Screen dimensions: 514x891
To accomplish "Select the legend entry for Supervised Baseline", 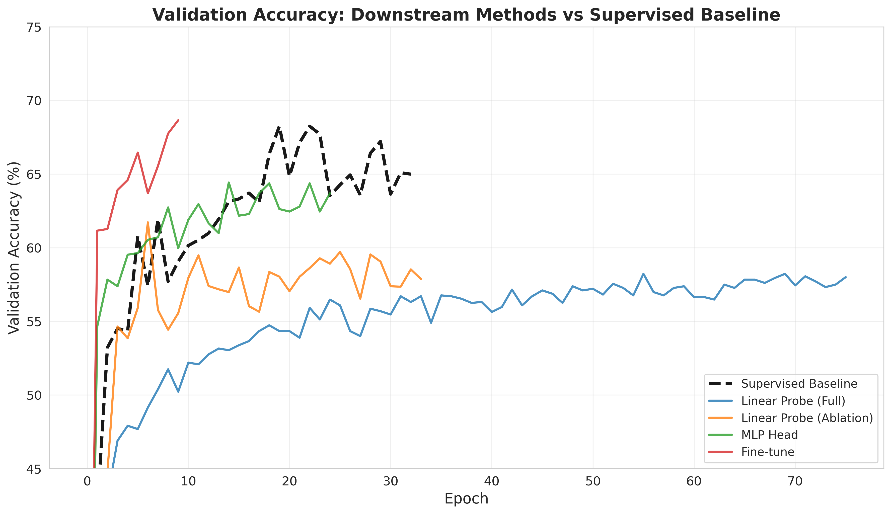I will coord(799,383).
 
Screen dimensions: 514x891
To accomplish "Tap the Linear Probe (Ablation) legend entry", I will coord(807,418).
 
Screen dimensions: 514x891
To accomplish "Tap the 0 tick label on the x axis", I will coord(87,483).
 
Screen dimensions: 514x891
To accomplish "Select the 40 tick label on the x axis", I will coord(492,483).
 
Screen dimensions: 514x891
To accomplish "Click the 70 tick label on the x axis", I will coord(795,483).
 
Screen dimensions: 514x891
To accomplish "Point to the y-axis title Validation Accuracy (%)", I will coord(14,248).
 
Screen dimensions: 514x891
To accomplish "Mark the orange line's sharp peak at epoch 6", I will coord(148,222).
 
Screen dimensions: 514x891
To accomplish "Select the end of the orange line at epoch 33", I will coord(421,279).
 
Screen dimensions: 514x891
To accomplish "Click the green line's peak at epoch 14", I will coord(229,183).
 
